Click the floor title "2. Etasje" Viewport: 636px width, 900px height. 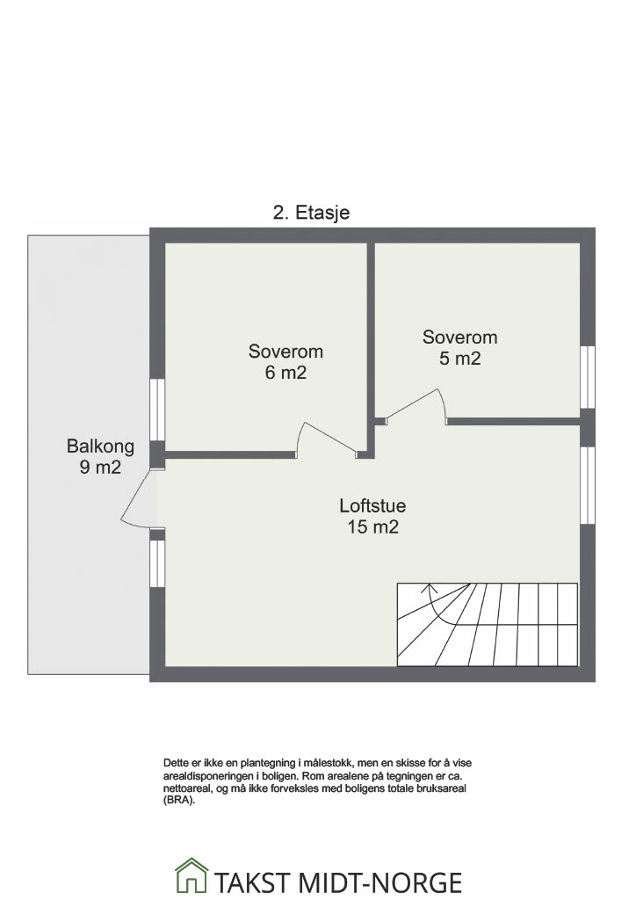[311, 213]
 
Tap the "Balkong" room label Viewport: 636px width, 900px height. [100, 446]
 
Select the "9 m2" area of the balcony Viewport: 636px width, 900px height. [100, 468]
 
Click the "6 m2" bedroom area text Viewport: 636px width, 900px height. [285, 373]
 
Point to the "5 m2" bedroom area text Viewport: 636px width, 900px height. [460, 359]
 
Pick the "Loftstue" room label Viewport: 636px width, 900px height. [372, 505]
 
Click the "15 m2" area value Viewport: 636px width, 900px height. [372, 527]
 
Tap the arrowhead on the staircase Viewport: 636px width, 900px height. [430, 588]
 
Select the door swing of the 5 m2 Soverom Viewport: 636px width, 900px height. [416, 405]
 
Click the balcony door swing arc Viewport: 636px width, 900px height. [136, 498]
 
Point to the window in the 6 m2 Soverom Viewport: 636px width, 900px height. [158, 410]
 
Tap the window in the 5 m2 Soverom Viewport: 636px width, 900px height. [588, 377]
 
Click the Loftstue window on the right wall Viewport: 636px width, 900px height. [588, 485]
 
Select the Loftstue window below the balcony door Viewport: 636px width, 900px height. [158, 563]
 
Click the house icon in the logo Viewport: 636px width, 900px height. [191, 875]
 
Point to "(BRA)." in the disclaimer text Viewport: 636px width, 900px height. [179, 801]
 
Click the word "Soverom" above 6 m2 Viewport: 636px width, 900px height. [285, 352]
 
